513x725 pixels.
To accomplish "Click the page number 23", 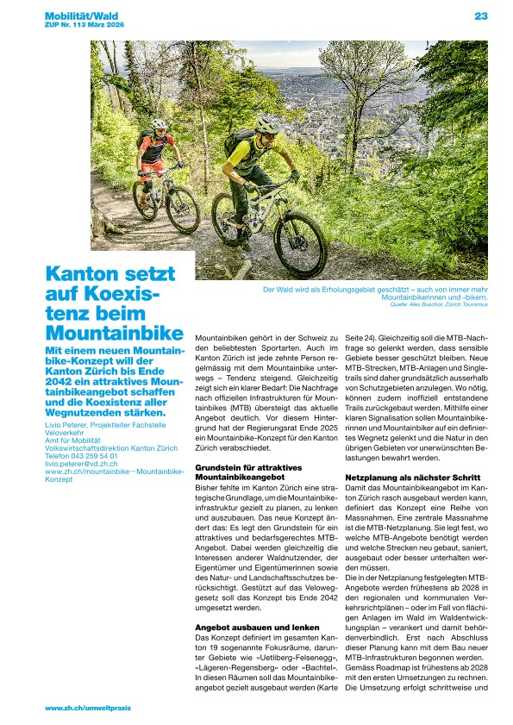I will tap(481, 16).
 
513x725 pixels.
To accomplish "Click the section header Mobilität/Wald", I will tap(82, 16).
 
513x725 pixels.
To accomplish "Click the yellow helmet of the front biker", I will tap(266, 125).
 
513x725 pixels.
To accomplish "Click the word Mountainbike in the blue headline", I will tap(115, 333).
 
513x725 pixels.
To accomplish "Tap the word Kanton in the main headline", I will tap(81, 274).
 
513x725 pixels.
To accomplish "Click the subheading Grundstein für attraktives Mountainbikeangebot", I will tap(249, 471).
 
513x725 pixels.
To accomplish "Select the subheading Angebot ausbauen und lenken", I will tap(243, 627).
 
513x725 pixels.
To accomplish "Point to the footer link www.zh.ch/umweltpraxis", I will tap(87, 708).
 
